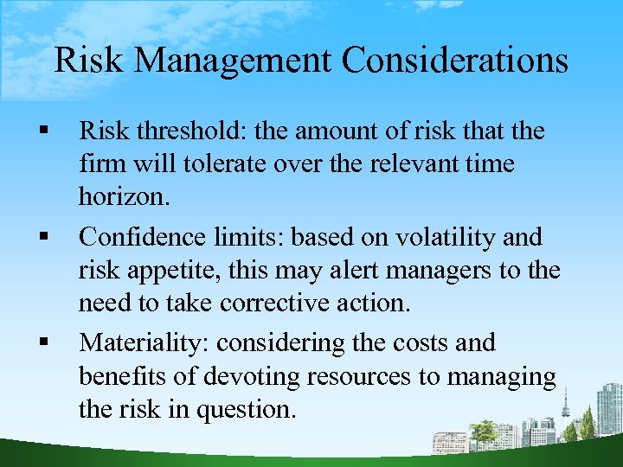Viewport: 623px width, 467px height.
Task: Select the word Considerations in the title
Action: pyautogui.click(x=455, y=61)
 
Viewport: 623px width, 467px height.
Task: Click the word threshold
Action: pyautogui.click(x=188, y=131)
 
